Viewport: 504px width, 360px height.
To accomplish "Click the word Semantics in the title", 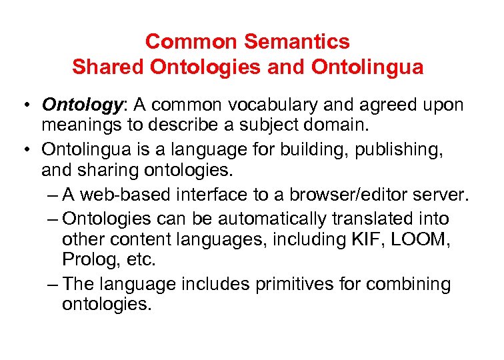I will [x=297, y=42].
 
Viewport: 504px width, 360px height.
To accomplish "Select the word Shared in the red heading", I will [x=108, y=67].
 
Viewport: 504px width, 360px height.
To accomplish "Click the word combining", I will [x=414, y=284].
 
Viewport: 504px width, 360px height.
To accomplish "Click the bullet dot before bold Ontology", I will [x=24, y=105].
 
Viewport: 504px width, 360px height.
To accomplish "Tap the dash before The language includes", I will [x=53, y=284].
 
